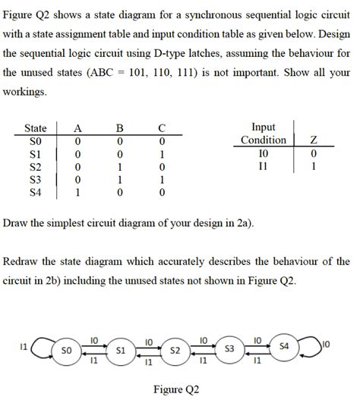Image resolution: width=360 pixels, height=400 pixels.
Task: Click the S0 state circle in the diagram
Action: (x=66, y=351)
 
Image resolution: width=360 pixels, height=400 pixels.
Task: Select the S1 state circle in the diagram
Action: (x=120, y=351)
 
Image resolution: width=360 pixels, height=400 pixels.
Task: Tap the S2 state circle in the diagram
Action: (x=175, y=351)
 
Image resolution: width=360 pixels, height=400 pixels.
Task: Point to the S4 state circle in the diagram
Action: (x=284, y=347)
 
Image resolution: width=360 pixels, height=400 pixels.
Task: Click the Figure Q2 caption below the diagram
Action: (x=177, y=389)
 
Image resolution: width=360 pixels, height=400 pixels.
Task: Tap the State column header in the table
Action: (x=36, y=128)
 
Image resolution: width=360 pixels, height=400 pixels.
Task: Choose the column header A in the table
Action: (x=76, y=128)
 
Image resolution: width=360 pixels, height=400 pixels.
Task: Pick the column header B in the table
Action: (x=118, y=128)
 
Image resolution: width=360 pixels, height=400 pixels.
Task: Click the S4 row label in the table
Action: (x=36, y=193)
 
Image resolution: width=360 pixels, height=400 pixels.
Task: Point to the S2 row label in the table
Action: (x=36, y=166)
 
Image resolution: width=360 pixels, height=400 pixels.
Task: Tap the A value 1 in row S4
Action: (x=76, y=193)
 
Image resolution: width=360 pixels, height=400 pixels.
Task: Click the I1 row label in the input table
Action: (x=263, y=166)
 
